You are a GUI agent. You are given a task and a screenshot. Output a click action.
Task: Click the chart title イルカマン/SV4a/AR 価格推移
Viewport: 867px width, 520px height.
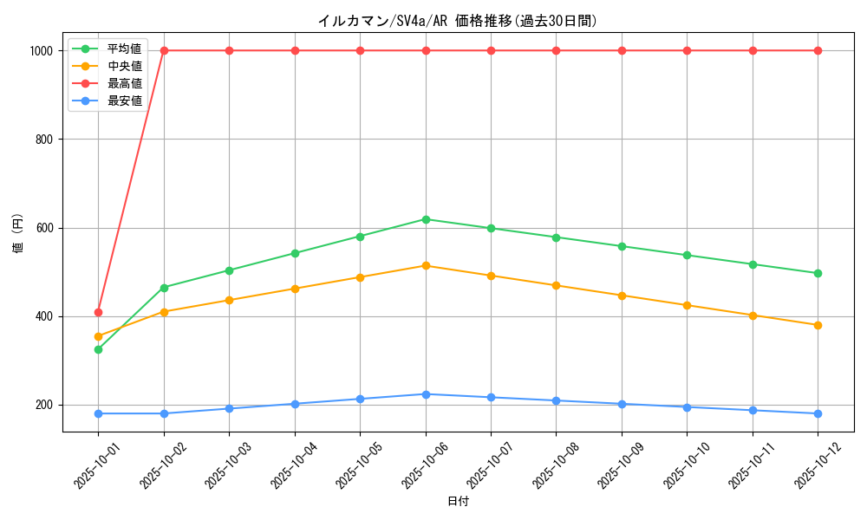pos(457,21)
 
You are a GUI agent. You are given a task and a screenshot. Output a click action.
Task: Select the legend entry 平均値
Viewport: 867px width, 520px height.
pos(124,48)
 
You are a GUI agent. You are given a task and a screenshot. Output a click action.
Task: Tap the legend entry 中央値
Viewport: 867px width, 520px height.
pos(124,65)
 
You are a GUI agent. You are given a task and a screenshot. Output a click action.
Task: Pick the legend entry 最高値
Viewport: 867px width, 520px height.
pos(124,83)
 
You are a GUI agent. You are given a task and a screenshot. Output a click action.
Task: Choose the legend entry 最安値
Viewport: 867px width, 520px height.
pos(124,101)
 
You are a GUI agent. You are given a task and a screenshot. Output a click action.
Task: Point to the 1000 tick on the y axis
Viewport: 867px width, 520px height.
pos(42,50)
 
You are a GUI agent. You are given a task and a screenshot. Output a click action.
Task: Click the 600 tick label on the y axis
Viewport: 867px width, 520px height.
pos(44,228)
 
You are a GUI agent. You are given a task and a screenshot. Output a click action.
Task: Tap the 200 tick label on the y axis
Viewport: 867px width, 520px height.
pos(44,405)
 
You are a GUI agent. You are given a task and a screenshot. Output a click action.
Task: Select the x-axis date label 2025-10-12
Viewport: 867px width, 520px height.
pos(807,460)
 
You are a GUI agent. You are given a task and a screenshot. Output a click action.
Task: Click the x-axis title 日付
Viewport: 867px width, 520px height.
pos(457,502)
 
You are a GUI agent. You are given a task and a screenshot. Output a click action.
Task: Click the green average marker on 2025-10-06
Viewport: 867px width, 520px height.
pos(426,219)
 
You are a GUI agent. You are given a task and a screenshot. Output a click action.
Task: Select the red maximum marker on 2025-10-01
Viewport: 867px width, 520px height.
pos(98,312)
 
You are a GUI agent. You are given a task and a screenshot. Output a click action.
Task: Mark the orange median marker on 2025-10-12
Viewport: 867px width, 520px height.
pos(818,325)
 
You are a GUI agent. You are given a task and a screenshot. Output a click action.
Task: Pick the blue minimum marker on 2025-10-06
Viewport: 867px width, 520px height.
pos(426,394)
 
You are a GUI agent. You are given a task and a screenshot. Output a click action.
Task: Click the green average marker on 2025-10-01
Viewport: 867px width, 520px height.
pos(98,349)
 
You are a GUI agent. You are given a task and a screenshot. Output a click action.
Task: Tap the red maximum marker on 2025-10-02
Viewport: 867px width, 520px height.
pos(164,50)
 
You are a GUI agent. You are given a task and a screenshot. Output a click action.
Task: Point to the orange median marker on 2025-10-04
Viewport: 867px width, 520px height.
pos(295,289)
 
